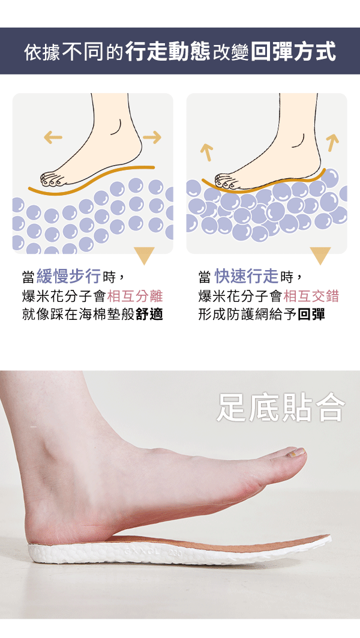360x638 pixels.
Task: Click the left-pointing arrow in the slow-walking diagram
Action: click(x=53, y=137)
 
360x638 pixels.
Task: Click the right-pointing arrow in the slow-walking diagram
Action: click(x=152, y=137)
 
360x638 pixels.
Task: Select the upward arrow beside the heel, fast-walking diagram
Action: click(x=332, y=142)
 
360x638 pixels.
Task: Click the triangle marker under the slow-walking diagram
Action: click(x=145, y=255)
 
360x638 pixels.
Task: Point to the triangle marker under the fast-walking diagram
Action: click(x=320, y=255)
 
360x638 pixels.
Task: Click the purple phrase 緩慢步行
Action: click(x=68, y=277)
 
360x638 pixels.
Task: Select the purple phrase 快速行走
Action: click(x=247, y=277)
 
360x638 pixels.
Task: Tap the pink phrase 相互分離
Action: click(x=135, y=296)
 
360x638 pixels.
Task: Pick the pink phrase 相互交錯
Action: click(x=311, y=296)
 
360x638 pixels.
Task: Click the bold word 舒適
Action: click(x=149, y=314)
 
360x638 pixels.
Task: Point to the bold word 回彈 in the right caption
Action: click(x=311, y=314)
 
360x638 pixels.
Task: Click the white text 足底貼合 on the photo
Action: click(x=281, y=408)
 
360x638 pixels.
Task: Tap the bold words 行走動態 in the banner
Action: click(x=167, y=52)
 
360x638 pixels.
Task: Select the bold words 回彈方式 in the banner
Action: click(x=293, y=52)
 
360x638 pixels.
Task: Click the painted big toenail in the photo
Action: click(x=296, y=452)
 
